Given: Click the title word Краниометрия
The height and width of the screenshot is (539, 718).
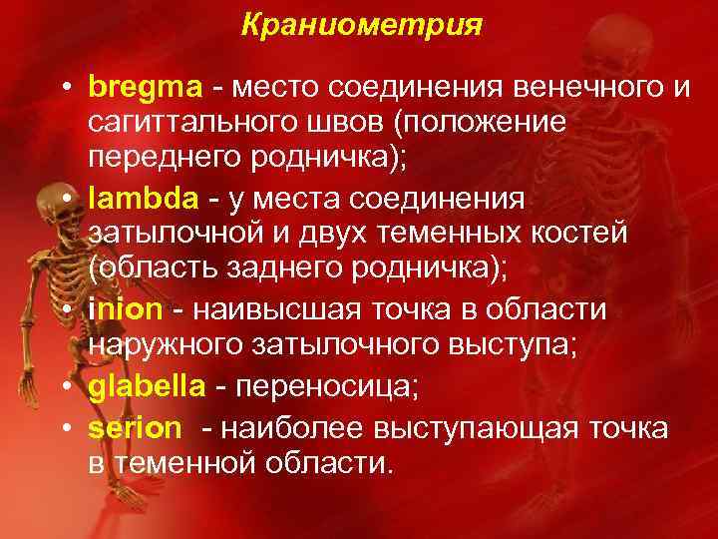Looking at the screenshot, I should click(361, 24).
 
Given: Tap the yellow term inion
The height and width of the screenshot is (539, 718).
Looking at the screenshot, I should click(124, 310).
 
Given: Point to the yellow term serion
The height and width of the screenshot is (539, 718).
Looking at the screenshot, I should click(135, 428).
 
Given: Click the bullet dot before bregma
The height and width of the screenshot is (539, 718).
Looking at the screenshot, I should click(64, 88).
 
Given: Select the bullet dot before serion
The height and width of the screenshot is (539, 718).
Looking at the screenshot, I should click(64, 429).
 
